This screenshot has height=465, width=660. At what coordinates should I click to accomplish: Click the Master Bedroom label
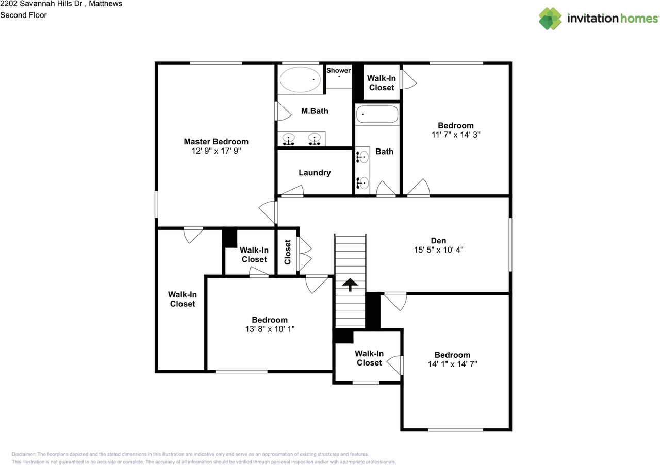[216, 141]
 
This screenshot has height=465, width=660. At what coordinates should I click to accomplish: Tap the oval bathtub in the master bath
[300, 80]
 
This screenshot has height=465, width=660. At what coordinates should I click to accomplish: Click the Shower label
[338, 70]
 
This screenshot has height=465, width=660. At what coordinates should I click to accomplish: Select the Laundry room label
[315, 173]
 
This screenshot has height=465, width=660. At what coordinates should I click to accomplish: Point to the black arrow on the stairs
[350, 284]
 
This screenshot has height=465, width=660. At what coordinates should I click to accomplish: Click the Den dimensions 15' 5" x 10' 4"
[439, 250]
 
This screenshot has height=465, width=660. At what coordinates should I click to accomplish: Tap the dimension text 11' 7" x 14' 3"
[455, 135]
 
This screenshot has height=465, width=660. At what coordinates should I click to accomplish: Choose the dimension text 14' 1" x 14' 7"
[452, 364]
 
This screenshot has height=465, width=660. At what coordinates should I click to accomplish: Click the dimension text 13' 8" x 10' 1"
[269, 329]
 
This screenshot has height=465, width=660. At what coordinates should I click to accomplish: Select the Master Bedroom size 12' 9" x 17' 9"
[216, 151]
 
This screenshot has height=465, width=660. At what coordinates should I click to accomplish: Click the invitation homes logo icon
[550, 19]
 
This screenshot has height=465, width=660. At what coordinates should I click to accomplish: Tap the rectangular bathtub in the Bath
[377, 114]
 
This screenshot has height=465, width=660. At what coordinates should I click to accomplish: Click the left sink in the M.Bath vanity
[289, 138]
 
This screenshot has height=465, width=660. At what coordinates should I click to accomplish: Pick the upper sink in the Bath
[364, 157]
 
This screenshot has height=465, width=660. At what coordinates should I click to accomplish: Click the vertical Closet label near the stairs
[288, 252]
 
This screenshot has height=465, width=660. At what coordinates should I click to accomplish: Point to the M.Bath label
[315, 111]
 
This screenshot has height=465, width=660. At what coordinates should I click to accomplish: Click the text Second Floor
[23, 15]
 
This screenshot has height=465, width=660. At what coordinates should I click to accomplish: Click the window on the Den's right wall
[510, 244]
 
